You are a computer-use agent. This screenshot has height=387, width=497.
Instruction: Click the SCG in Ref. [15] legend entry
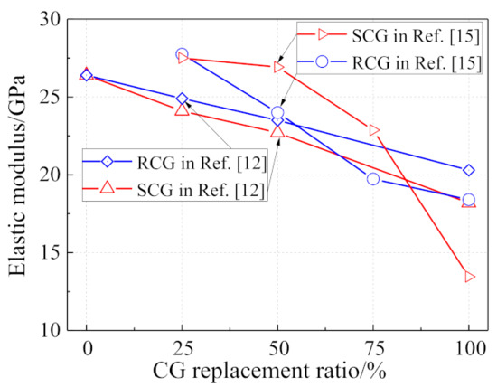tap(389, 35)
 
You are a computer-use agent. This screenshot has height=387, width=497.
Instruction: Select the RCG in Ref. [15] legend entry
tap(389, 61)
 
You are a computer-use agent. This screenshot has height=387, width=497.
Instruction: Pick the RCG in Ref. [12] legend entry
tap(174, 162)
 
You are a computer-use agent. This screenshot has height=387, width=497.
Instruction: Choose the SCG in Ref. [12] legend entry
tap(173, 189)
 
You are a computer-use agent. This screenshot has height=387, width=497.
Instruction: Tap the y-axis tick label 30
tap(50, 20)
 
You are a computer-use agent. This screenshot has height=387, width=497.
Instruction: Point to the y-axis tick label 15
tap(50, 253)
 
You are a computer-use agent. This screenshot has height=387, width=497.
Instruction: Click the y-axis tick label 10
tap(50, 331)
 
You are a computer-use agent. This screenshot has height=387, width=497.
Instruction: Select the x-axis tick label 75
tap(373, 349)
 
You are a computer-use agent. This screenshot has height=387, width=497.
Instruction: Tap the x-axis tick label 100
tap(469, 349)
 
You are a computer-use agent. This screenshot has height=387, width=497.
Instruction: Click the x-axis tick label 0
tap(87, 349)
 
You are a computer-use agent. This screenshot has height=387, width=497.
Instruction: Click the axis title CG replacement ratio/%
tap(269, 371)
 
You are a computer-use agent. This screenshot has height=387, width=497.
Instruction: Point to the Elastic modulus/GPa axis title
tap(16, 175)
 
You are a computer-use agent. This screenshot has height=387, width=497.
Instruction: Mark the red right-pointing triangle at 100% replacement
tap(470, 277)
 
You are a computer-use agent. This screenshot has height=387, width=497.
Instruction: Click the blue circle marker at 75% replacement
tap(373, 179)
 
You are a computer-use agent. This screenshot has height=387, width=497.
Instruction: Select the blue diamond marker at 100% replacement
tap(469, 170)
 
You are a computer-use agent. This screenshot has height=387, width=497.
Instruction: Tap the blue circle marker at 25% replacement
tap(182, 54)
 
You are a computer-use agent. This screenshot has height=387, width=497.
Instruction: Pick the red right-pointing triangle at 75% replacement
tap(374, 130)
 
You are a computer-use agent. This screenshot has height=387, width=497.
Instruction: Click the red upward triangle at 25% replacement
tap(182, 109)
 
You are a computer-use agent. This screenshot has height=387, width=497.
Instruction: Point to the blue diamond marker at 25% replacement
tap(182, 99)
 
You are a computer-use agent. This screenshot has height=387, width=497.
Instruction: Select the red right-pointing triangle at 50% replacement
tap(278, 67)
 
